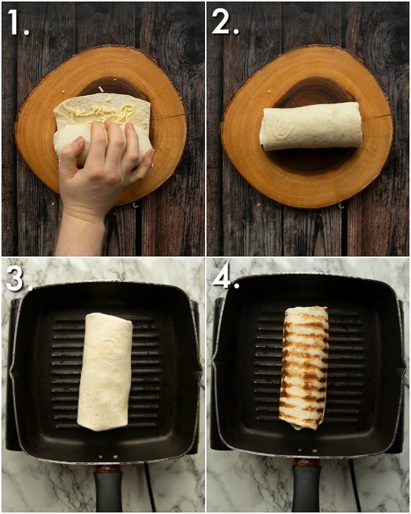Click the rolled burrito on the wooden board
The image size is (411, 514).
click(310, 126)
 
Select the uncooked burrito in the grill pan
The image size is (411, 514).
click(105, 370)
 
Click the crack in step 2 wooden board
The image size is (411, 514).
click(376, 117)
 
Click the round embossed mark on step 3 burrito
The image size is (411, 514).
click(106, 348)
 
